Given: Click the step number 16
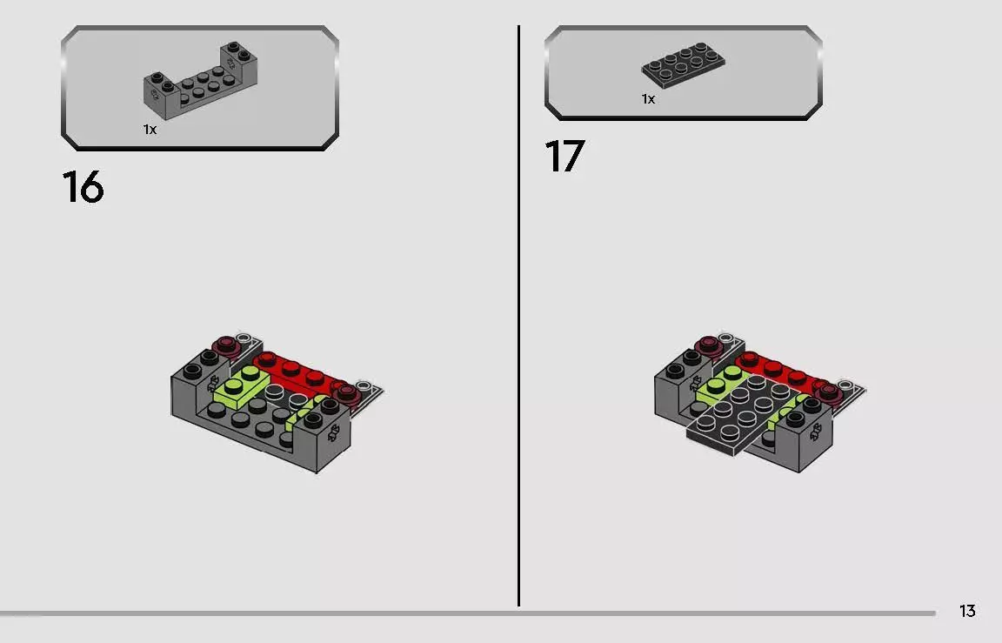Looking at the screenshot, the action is point(83,187).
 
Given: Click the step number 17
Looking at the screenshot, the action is point(564,156).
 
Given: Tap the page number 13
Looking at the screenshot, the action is point(967,611).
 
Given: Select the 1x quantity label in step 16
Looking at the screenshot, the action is point(150,130).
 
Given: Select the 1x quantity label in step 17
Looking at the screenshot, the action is point(649,99).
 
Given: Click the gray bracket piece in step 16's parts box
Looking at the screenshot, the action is point(200,81).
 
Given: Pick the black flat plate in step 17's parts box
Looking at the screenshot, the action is point(683,64).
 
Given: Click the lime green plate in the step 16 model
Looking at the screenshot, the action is point(242,388).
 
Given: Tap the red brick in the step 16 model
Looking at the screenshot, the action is point(295,373).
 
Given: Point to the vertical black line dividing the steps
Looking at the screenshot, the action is point(519,316).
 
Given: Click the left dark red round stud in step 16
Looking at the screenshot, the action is point(225,346).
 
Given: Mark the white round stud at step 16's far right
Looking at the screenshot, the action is point(364,386).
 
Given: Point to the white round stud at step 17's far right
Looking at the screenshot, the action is point(846,385).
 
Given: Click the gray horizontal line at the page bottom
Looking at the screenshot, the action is point(468,613).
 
